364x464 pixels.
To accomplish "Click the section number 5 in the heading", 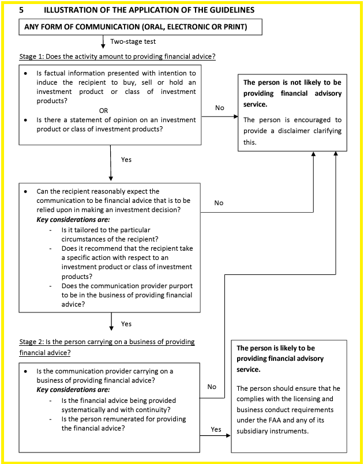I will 22,10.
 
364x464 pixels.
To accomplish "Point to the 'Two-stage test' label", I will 133,42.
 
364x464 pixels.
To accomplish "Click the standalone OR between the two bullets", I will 104,110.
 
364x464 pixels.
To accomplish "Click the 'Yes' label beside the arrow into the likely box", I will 216,429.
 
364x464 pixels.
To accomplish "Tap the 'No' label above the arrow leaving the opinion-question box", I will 219,108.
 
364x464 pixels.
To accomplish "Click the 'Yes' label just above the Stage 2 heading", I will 126,324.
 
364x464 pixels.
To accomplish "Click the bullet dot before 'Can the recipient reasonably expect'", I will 26,191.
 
